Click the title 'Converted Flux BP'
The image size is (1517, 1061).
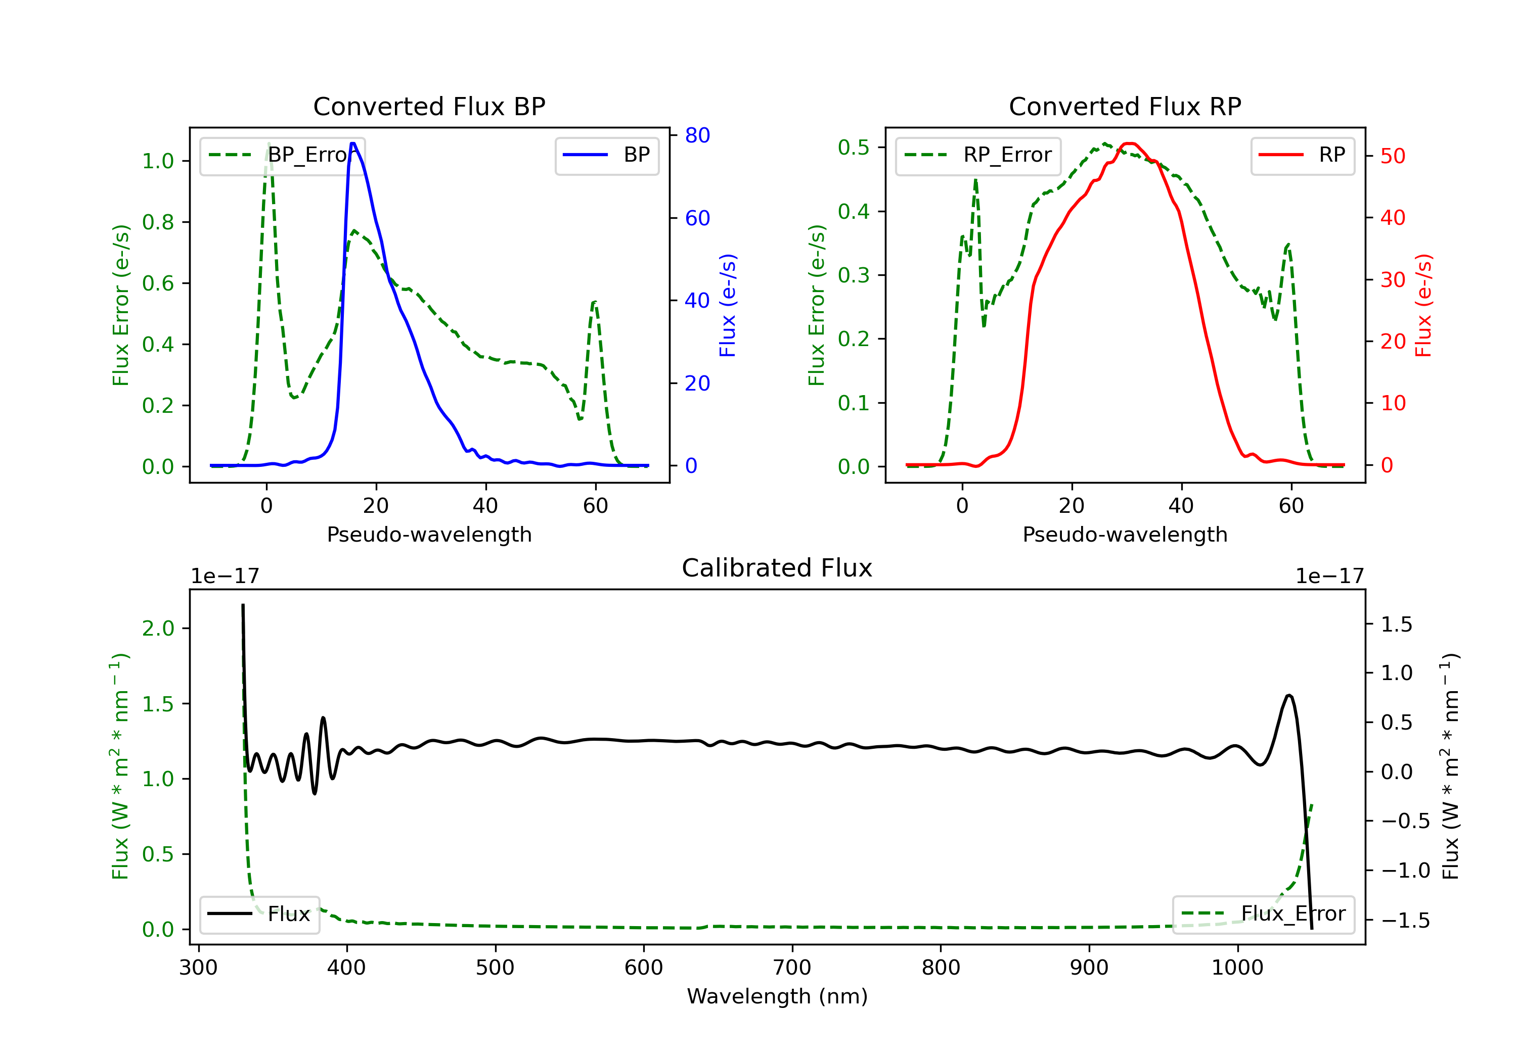click(x=429, y=106)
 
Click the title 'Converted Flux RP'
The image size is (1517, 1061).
click(x=1125, y=106)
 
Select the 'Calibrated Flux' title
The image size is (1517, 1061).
click(x=777, y=568)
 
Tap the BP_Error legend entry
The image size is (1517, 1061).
click(x=282, y=155)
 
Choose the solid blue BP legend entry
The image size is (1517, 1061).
click(x=606, y=155)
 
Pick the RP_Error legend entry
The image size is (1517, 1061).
click(x=978, y=155)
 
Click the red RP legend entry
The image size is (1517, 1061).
click(x=1302, y=155)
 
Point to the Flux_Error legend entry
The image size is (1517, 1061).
click(x=1263, y=914)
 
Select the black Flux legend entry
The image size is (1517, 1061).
click(x=259, y=914)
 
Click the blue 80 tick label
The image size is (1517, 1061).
click(x=697, y=135)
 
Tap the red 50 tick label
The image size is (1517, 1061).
click(x=1393, y=157)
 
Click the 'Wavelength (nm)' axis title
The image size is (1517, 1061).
click(x=777, y=996)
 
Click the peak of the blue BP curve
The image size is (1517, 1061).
click(x=353, y=143)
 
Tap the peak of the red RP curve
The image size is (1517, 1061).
click(x=1130, y=143)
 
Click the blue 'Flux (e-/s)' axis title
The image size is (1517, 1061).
click(x=728, y=305)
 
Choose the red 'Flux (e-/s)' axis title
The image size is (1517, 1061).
click(x=1423, y=305)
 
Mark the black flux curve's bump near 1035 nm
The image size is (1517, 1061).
click(x=1289, y=695)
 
